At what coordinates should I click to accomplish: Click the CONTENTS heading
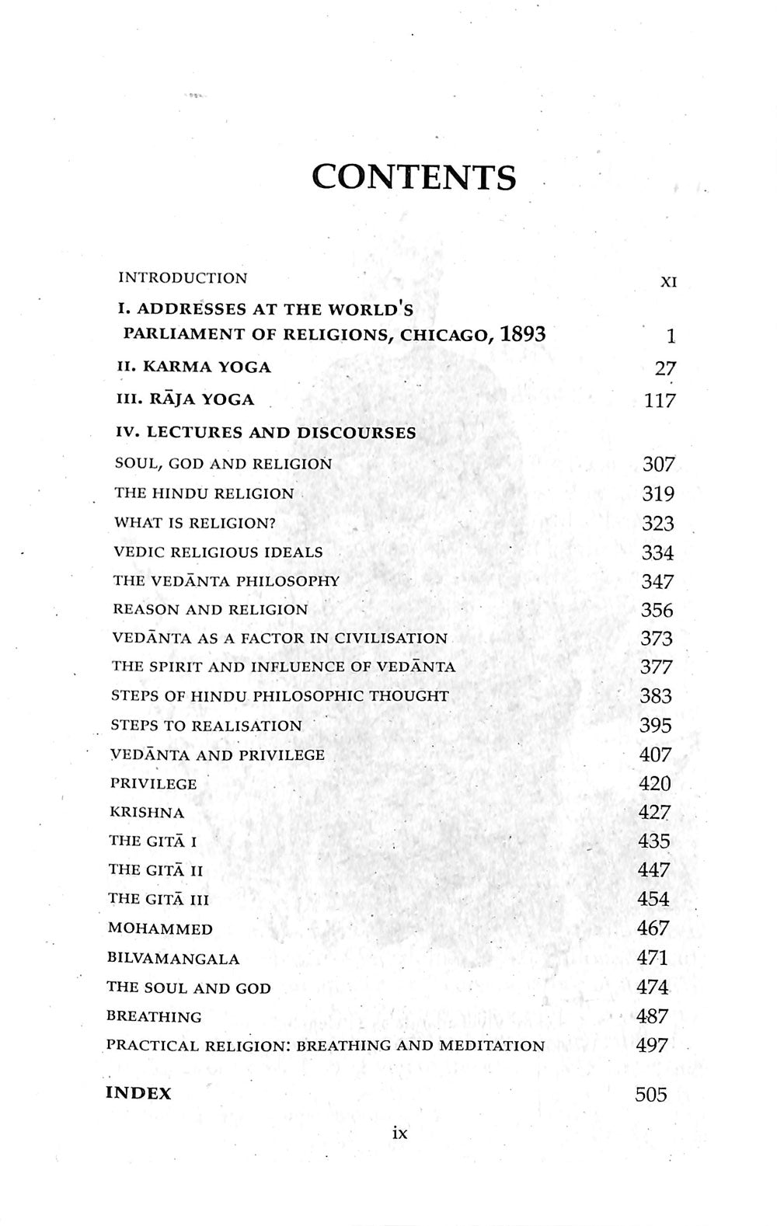coord(413,177)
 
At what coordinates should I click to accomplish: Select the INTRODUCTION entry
coord(183,278)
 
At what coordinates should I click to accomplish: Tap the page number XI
coord(667,282)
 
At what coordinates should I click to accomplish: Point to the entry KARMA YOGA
coord(193,367)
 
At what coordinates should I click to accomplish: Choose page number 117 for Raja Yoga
coord(660,401)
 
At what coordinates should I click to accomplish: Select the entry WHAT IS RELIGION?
coord(195,523)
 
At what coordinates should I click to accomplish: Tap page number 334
coord(657,552)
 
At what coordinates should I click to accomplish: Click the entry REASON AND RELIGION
coord(211,610)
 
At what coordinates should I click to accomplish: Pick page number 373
coord(656,639)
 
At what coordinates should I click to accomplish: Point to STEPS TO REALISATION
coord(206,726)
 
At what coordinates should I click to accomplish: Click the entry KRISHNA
coord(147,813)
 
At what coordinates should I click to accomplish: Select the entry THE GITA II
coord(156,870)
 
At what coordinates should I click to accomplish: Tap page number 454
coord(653,899)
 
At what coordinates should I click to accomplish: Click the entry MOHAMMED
coord(160,928)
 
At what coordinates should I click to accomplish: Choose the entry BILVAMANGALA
coord(173,959)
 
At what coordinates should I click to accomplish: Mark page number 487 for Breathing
coord(652,1016)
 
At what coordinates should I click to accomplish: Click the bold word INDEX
coord(138,1093)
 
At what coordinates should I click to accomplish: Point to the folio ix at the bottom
coord(399,1134)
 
